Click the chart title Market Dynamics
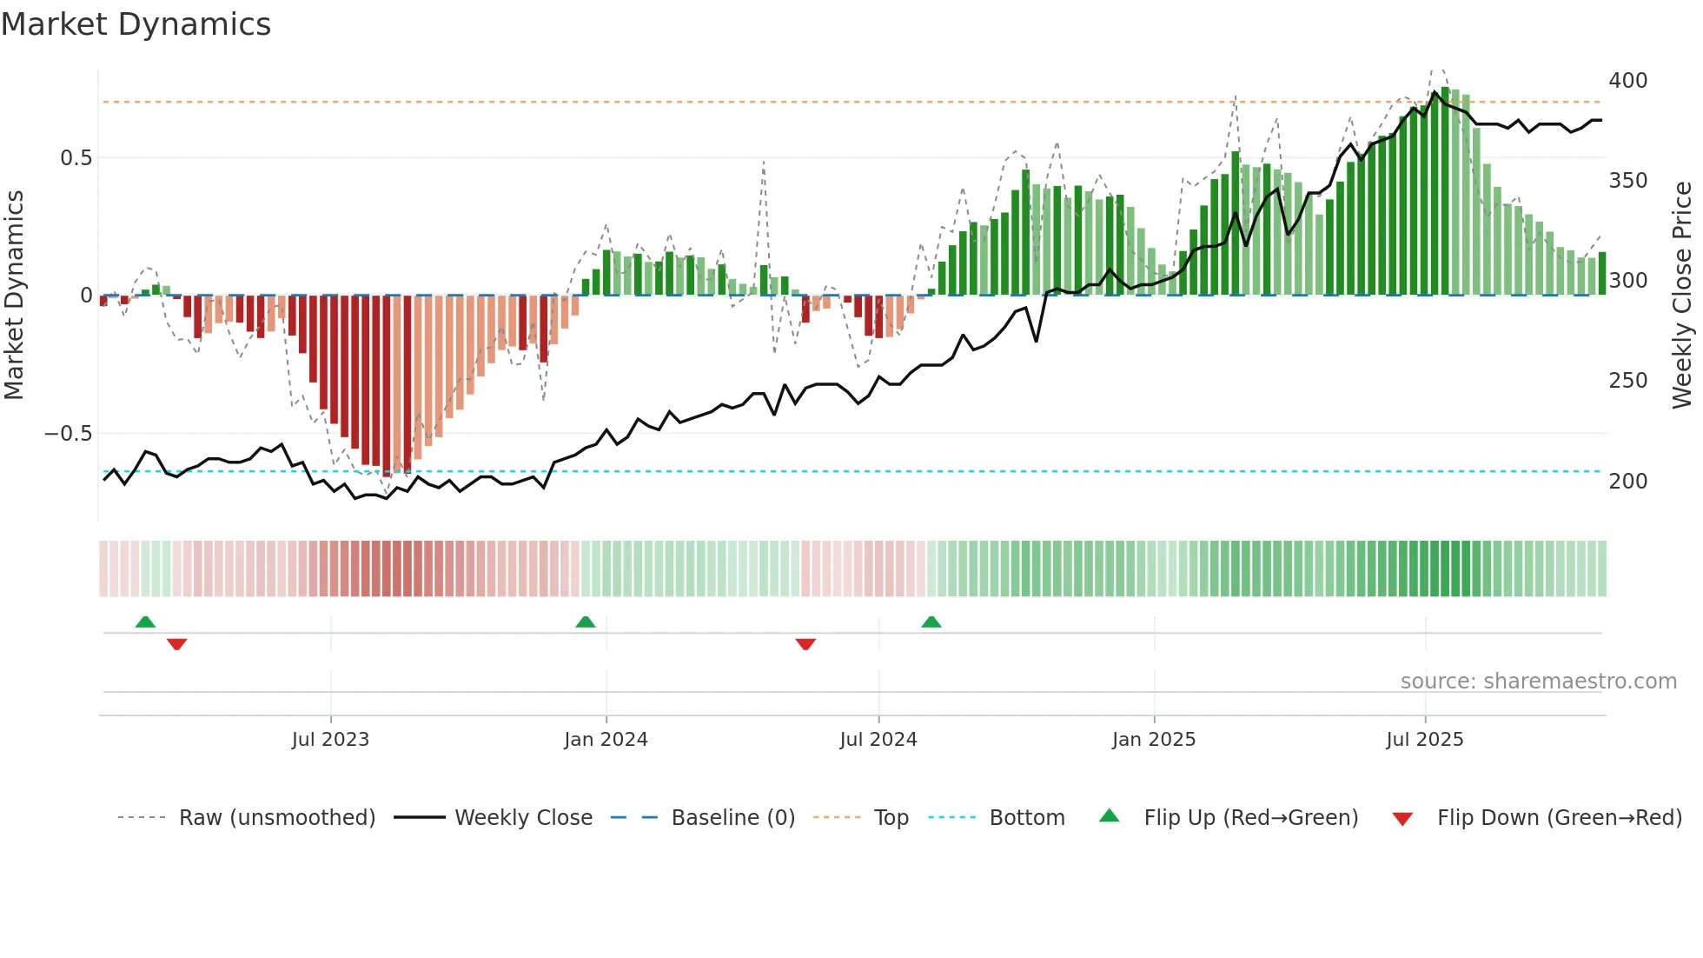[x=136, y=24]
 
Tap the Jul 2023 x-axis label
[x=330, y=740]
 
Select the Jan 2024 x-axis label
[x=606, y=740]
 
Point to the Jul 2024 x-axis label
[x=878, y=740]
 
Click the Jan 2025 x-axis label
[x=1154, y=740]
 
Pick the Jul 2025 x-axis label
[x=1425, y=740]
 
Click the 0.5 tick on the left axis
[x=76, y=158]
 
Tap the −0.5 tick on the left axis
[x=69, y=434]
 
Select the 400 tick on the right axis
[x=1627, y=81]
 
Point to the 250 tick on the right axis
[x=1627, y=381]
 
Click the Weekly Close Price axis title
[x=1682, y=296]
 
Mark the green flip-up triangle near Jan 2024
[x=586, y=622]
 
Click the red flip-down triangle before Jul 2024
[x=805, y=644]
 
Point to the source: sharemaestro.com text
[x=1538, y=682]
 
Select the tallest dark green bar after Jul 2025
[x=1445, y=191]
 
